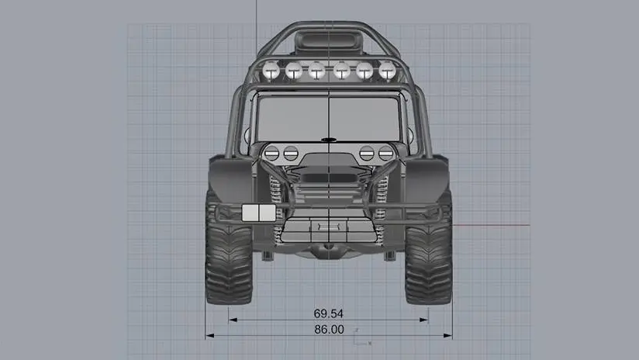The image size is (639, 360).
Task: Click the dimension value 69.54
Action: (x=329, y=313)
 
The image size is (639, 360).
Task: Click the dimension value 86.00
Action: (x=329, y=330)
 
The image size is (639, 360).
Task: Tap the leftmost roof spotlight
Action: (x=271, y=71)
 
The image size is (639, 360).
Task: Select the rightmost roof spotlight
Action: (x=387, y=71)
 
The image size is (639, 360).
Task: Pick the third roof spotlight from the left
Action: (x=316, y=71)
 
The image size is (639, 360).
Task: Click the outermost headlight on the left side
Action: (x=271, y=154)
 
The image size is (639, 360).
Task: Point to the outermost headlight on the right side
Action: (x=385, y=154)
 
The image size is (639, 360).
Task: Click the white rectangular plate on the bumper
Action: (x=259, y=213)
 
